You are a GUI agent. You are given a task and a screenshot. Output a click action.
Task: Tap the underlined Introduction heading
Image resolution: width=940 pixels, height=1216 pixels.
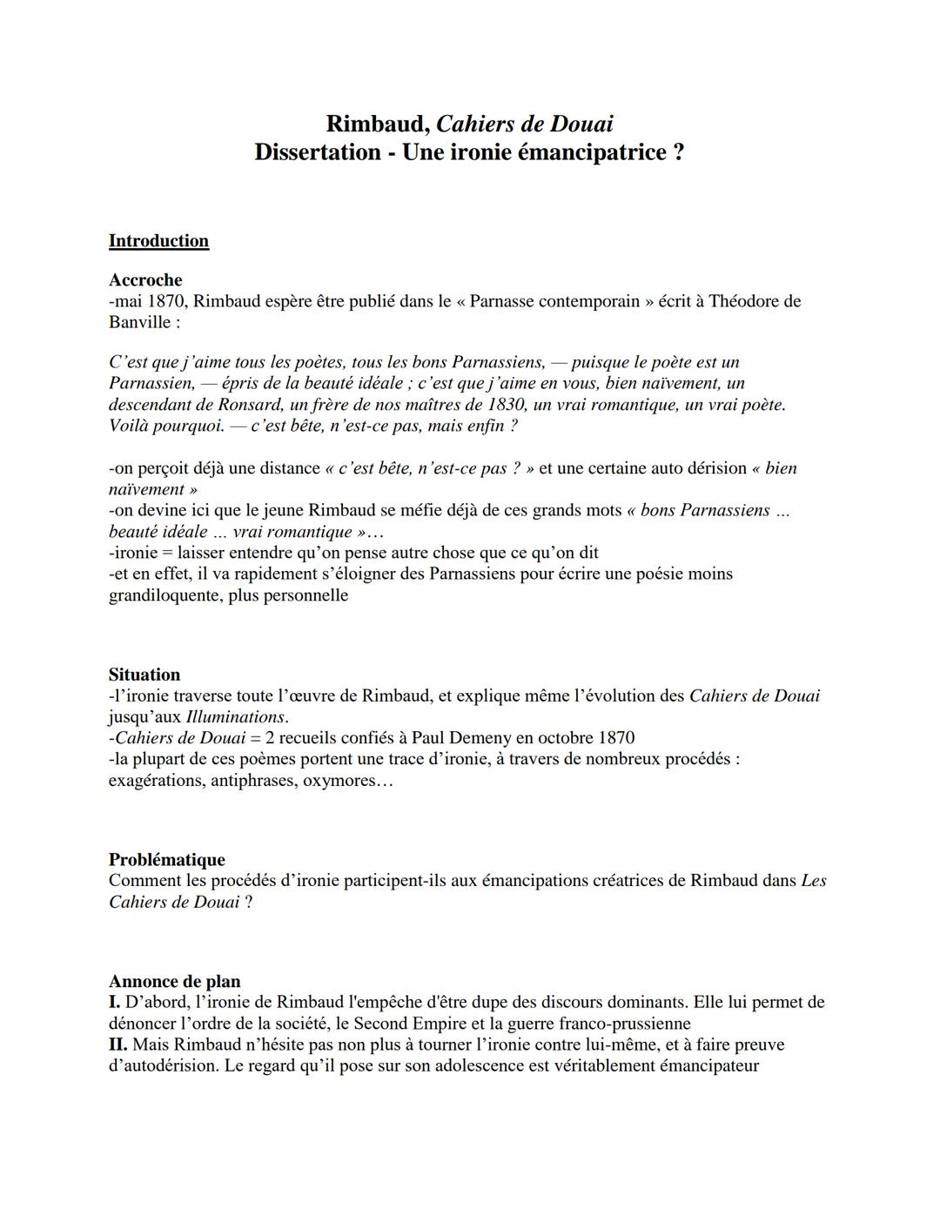(158, 241)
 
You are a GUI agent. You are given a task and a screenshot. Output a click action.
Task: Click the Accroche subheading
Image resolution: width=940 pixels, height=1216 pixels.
(145, 280)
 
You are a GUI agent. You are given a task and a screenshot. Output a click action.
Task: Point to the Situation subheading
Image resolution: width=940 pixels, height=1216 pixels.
(144, 675)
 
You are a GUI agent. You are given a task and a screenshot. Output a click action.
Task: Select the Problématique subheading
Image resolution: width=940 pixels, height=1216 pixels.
(166, 860)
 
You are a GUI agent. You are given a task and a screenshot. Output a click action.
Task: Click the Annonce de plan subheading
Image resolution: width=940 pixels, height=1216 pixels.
(174, 982)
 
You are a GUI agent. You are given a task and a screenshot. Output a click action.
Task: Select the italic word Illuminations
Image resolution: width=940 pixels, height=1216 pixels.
(235, 717)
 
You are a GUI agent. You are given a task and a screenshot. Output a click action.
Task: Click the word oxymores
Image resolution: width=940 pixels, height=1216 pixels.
(348, 781)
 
